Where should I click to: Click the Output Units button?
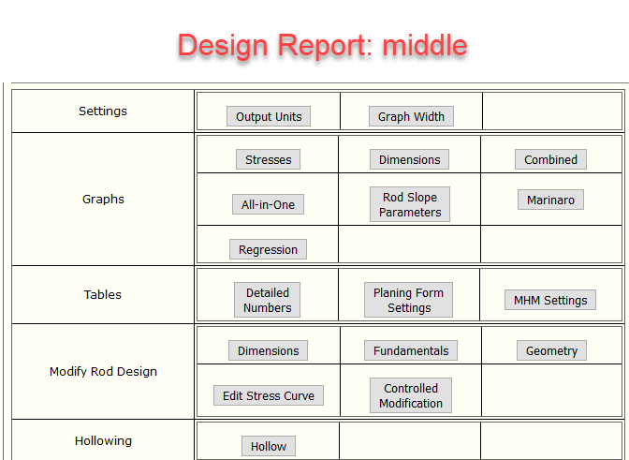pyautogui.click(x=269, y=116)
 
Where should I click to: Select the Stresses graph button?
pyautogui.click(x=268, y=159)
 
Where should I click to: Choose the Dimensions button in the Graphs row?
pyautogui.click(x=409, y=159)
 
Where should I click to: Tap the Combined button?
pyautogui.click(x=550, y=159)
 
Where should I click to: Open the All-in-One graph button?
pyautogui.click(x=268, y=204)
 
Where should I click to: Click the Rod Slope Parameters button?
pyautogui.click(x=410, y=204)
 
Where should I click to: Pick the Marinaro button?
pyautogui.click(x=550, y=200)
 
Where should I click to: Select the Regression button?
pyautogui.click(x=268, y=249)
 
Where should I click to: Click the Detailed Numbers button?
pyautogui.click(x=267, y=300)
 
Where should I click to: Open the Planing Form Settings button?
pyautogui.click(x=408, y=300)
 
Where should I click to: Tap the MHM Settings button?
pyautogui.click(x=550, y=300)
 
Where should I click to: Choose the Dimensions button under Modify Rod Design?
pyautogui.click(x=268, y=350)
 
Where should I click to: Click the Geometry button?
pyautogui.click(x=551, y=350)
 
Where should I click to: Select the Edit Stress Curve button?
pyautogui.click(x=269, y=395)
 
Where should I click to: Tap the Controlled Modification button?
pyautogui.click(x=411, y=395)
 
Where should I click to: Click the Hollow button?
pyautogui.click(x=269, y=446)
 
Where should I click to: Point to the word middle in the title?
pyautogui.click(x=425, y=45)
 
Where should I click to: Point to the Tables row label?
pyautogui.click(x=102, y=294)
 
